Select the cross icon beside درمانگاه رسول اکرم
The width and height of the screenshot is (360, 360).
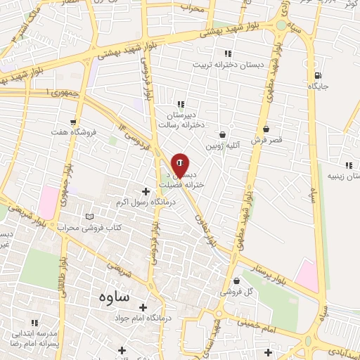coord(146,191)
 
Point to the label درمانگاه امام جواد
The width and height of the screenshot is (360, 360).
coord(143,319)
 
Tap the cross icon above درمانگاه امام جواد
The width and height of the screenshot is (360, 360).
coord(143,307)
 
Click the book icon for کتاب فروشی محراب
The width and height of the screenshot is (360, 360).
coord(88,216)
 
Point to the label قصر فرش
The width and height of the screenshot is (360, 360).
coord(266,140)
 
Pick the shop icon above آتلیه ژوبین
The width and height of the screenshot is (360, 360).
coord(223,134)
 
